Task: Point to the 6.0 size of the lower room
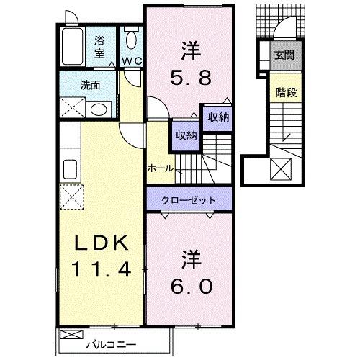pos(191,287)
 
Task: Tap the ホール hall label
pos(159,167)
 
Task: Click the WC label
pos(131,61)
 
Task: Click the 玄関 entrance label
pos(282,54)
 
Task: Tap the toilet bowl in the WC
pos(131,40)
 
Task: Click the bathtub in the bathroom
pos(72,47)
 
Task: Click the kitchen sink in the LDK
pos(71,169)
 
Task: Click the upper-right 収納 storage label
pos(219,117)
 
